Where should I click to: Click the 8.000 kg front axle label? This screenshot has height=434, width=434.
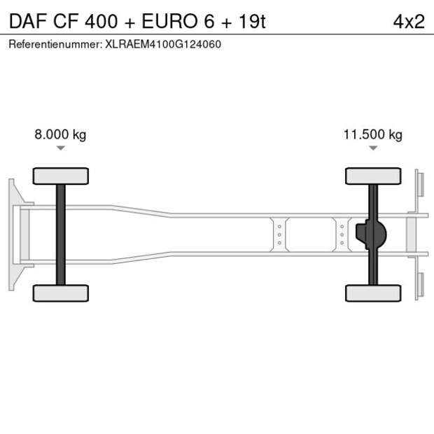pyautogui.click(x=60, y=134)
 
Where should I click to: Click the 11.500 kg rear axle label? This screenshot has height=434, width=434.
pyautogui.click(x=372, y=134)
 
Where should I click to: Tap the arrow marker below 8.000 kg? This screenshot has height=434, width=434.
pyautogui.click(x=61, y=148)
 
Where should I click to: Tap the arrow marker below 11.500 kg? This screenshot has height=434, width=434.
pyautogui.click(x=372, y=148)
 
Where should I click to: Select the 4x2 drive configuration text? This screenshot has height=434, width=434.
pyautogui.click(x=408, y=21)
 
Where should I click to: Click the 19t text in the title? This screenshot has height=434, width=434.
pyautogui.click(x=251, y=21)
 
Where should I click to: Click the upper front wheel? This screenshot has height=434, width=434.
pyautogui.click(x=61, y=176)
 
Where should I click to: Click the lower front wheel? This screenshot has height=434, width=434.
pyautogui.click(x=61, y=293)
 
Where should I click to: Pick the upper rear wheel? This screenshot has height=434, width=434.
pyautogui.click(x=373, y=176)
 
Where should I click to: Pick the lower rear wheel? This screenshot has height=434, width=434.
pyautogui.click(x=373, y=293)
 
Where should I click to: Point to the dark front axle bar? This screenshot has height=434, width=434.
pyautogui.click(x=61, y=234)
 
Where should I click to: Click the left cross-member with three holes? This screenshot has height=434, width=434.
pyautogui.click(x=279, y=234)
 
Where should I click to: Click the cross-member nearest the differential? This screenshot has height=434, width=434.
pyautogui.click(x=342, y=234)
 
